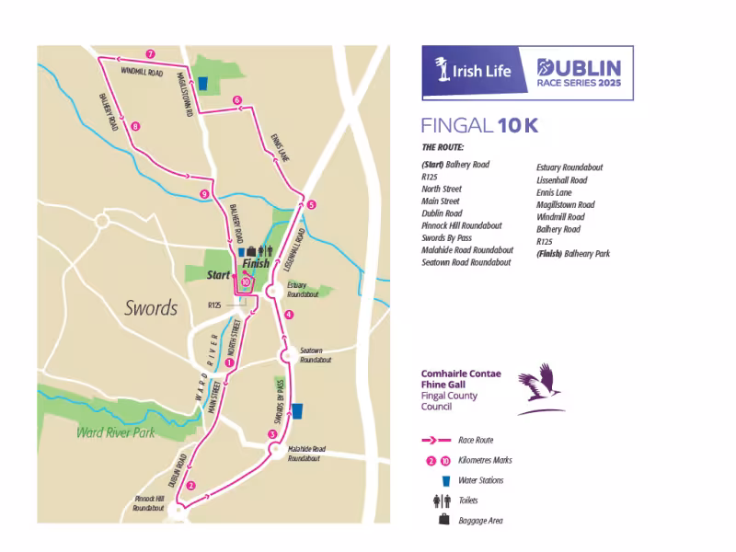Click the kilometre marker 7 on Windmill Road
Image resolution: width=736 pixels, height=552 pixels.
pyautogui.click(x=150, y=54)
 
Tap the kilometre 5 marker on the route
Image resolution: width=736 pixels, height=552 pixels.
pyautogui.click(x=312, y=204)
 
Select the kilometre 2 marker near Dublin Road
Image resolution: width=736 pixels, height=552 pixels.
pyautogui.click(x=190, y=486)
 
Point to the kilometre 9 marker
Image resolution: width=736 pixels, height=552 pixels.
pyautogui.click(x=204, y=194)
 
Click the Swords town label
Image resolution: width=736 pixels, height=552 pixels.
pyautogui.click(x=151, y=308)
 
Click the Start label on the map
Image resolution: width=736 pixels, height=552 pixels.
pyautogui.click(x=218, y=274)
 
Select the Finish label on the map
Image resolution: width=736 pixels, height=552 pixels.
pyautogui.click(x=256, y=264)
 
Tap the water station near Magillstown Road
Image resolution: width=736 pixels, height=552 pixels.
pyautogui.click(x=202, y=81)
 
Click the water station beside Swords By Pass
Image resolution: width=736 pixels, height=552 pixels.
pyautogui.click(x=296, y=410)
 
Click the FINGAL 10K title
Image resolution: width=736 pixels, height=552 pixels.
pyautogui.click(x=472, y=126)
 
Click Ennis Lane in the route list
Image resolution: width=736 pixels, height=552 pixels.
pyautogui.click(x=554, y=192)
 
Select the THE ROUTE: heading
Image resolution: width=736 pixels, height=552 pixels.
pyautogui.click(x=443, y=147)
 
